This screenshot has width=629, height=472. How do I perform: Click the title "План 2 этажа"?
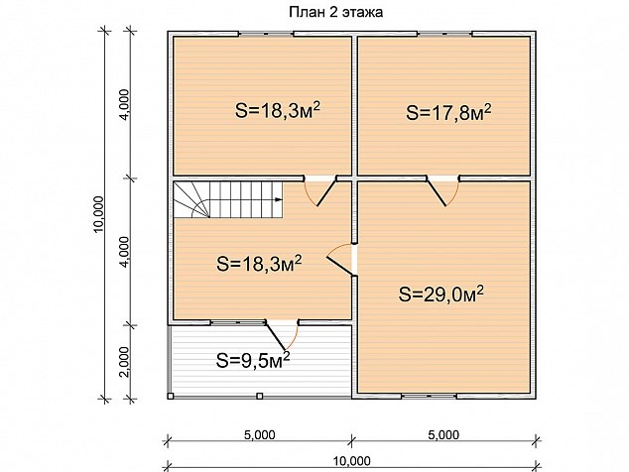[335, 13]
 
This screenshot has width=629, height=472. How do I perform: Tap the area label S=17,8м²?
[448, 112]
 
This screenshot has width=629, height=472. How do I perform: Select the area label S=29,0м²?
[440, 295]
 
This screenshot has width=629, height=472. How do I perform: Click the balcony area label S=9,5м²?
[253, 360]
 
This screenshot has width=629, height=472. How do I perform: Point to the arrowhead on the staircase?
[278, 199]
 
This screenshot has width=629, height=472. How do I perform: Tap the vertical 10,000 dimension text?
[98, 214]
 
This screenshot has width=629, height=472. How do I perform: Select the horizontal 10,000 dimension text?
[352, 461]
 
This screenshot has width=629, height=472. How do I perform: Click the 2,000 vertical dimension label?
[125, 362]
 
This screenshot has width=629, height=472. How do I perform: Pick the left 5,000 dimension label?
[260, 434]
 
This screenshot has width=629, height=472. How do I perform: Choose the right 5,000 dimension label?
[443, 434]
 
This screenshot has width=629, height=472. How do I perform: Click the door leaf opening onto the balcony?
[276, 335]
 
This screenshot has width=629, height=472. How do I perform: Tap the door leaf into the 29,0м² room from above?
[437, 191]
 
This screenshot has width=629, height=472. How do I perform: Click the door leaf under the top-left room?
[326, 191]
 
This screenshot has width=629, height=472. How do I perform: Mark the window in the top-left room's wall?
[266, 34]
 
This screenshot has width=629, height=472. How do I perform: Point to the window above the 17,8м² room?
[445, 34]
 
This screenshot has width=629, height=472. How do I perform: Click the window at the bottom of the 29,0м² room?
[430, 397]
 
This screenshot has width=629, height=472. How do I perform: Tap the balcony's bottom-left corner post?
[171, 397]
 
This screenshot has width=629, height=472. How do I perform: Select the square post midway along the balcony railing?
[260, 397]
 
